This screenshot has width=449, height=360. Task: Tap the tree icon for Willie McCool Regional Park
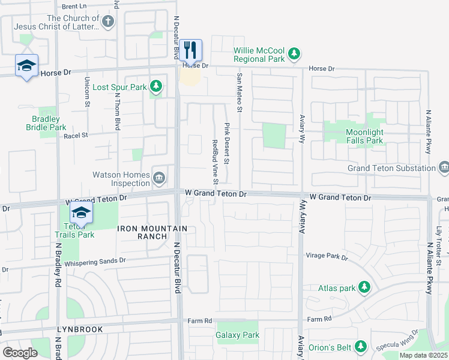click(294, 55)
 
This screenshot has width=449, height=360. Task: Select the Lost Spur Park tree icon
click(156, 87)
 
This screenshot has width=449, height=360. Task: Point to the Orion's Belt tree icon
click(360, 346)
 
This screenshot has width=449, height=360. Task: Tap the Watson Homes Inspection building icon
click(160, 176)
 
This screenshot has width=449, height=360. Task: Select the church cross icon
click(107, 23)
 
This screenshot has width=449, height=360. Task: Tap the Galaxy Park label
click(237, 335)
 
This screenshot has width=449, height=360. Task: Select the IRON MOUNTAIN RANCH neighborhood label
click(152, 232)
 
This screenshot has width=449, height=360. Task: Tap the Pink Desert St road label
click(227, 143)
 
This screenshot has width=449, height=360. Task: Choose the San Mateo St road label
click(239, 92)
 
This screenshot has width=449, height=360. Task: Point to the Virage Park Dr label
click(327, 257)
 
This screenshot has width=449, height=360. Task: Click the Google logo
click(20, 352)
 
